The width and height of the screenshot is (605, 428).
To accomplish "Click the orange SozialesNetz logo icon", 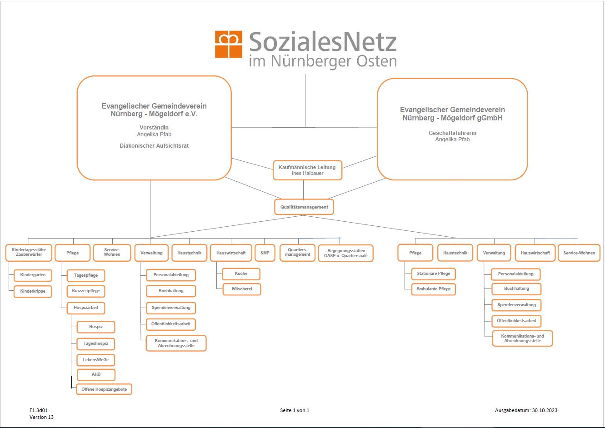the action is click(x=229, y=44).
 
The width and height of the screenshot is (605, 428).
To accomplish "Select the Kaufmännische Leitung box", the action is click(x=307, y=170).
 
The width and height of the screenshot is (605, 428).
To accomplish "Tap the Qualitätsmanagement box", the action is click(x=304, y=207).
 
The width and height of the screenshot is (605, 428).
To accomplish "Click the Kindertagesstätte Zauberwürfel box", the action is click(x=29, y=253).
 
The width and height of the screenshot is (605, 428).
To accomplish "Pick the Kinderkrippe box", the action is click(x=33, y=291).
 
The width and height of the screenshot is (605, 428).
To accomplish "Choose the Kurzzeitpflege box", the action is click(x=86, y=291).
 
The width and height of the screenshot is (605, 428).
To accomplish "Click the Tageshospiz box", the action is click(x=96, y=343).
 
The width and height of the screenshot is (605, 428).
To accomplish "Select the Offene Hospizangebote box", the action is click(x=104, y=389).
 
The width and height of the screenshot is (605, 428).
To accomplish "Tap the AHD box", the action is click(x=96, y=374).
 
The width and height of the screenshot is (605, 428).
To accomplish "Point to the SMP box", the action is click(x=265, y=253).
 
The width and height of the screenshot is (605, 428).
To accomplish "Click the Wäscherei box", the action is click(x=242, y=289).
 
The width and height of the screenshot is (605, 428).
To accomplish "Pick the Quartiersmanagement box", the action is click(x=298, y=253).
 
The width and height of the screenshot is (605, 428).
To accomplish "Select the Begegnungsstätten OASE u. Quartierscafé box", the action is click(x=346, y=253).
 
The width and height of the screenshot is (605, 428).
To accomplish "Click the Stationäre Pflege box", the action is click(x=434, y=274).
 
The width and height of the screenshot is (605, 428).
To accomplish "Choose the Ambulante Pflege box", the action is click(x=434, y=289).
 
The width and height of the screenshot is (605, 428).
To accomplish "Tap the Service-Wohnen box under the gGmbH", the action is click(x=579, y=253).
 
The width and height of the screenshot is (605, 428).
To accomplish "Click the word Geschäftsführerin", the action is click(x=452, y=133).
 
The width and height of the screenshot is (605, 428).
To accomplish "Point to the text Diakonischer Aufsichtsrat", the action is click(x=154, y=146).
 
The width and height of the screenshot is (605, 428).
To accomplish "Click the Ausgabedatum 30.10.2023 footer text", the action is click(x=526, y=410).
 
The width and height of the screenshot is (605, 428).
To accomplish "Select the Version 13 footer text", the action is click(x=41, y=417).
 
